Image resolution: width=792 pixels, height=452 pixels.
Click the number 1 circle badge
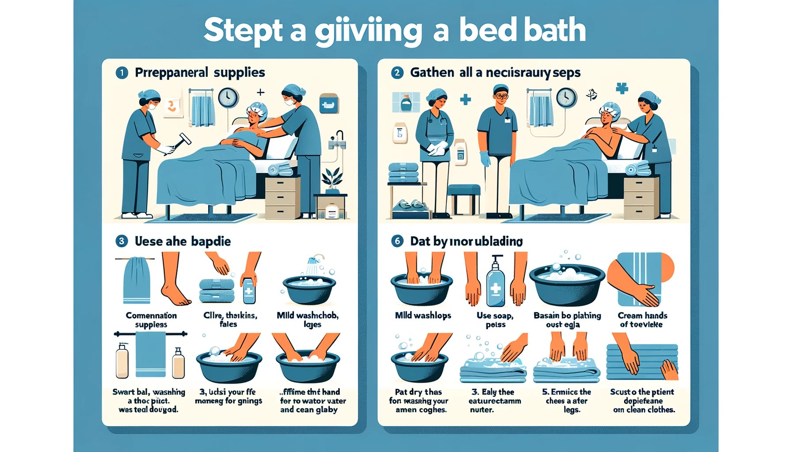pos(122,73)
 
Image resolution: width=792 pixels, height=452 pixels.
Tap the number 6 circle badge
pos(397,241)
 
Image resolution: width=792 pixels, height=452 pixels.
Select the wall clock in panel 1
pos(228,98)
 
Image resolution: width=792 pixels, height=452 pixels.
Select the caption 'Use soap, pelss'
pos(495,320)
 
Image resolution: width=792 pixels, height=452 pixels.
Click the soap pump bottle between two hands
pos(495,282)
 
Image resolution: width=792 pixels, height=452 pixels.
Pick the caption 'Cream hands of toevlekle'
pos(642,320)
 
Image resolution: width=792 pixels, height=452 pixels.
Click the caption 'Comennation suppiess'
pos(151,320)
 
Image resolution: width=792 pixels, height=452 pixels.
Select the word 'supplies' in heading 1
pos(239,73)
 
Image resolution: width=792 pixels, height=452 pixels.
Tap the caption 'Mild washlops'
pos(423,316)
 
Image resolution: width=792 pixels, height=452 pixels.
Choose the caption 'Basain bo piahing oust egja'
pos(567,320)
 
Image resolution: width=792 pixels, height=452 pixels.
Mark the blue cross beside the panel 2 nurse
pos(465,99)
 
